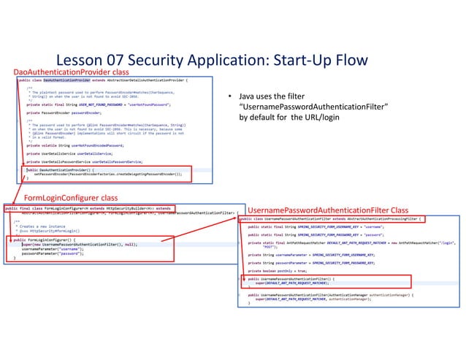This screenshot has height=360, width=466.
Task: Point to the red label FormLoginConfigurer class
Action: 71,198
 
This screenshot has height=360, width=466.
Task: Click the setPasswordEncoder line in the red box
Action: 110,176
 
